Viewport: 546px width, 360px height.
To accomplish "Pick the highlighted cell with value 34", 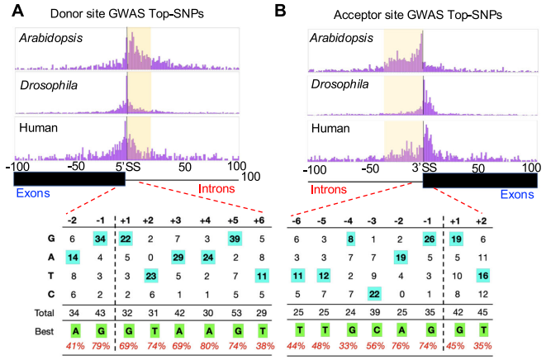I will (99, 238).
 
